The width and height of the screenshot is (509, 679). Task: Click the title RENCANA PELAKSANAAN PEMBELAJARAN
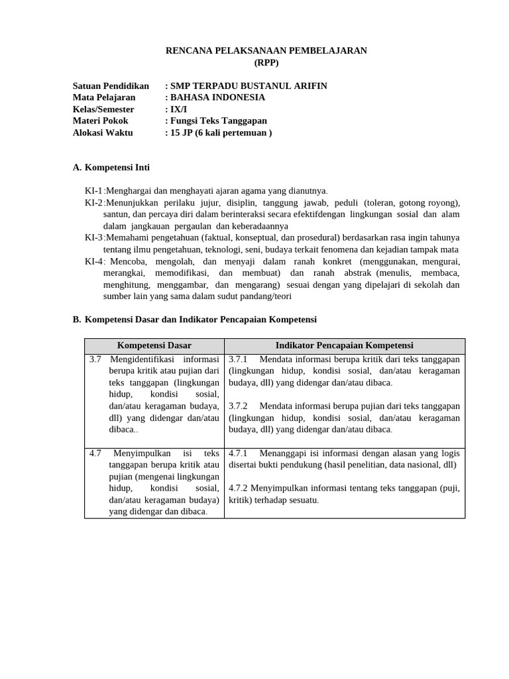[266, 51]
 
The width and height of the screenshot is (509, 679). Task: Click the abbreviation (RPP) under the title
[266, 63]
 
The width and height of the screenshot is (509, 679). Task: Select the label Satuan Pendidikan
[111, 86]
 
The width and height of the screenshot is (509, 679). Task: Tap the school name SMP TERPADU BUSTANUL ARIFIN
[249, 86]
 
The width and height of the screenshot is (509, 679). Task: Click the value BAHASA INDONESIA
[217, 97]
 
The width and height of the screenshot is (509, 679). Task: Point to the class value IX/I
[178, 109]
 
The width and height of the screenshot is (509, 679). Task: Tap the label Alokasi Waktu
[103, 133]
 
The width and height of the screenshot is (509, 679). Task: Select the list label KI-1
[93, 191]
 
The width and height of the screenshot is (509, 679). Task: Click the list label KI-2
[93, 203]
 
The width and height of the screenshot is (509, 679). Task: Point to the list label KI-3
[93, 237]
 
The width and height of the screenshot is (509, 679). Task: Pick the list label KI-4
[93, 261]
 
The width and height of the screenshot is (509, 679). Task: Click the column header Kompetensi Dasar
[154, 345]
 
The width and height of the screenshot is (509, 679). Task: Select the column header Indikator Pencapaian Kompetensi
[344, 345]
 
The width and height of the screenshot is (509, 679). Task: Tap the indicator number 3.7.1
[238, 359]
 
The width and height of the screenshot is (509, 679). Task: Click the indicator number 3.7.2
[238, 406]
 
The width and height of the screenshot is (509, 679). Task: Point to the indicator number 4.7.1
[238, 454]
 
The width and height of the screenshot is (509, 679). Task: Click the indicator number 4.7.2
[238, 488]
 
